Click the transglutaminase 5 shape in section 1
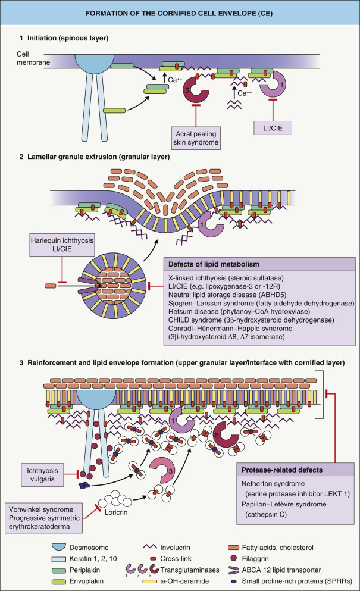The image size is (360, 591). point(196,90)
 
